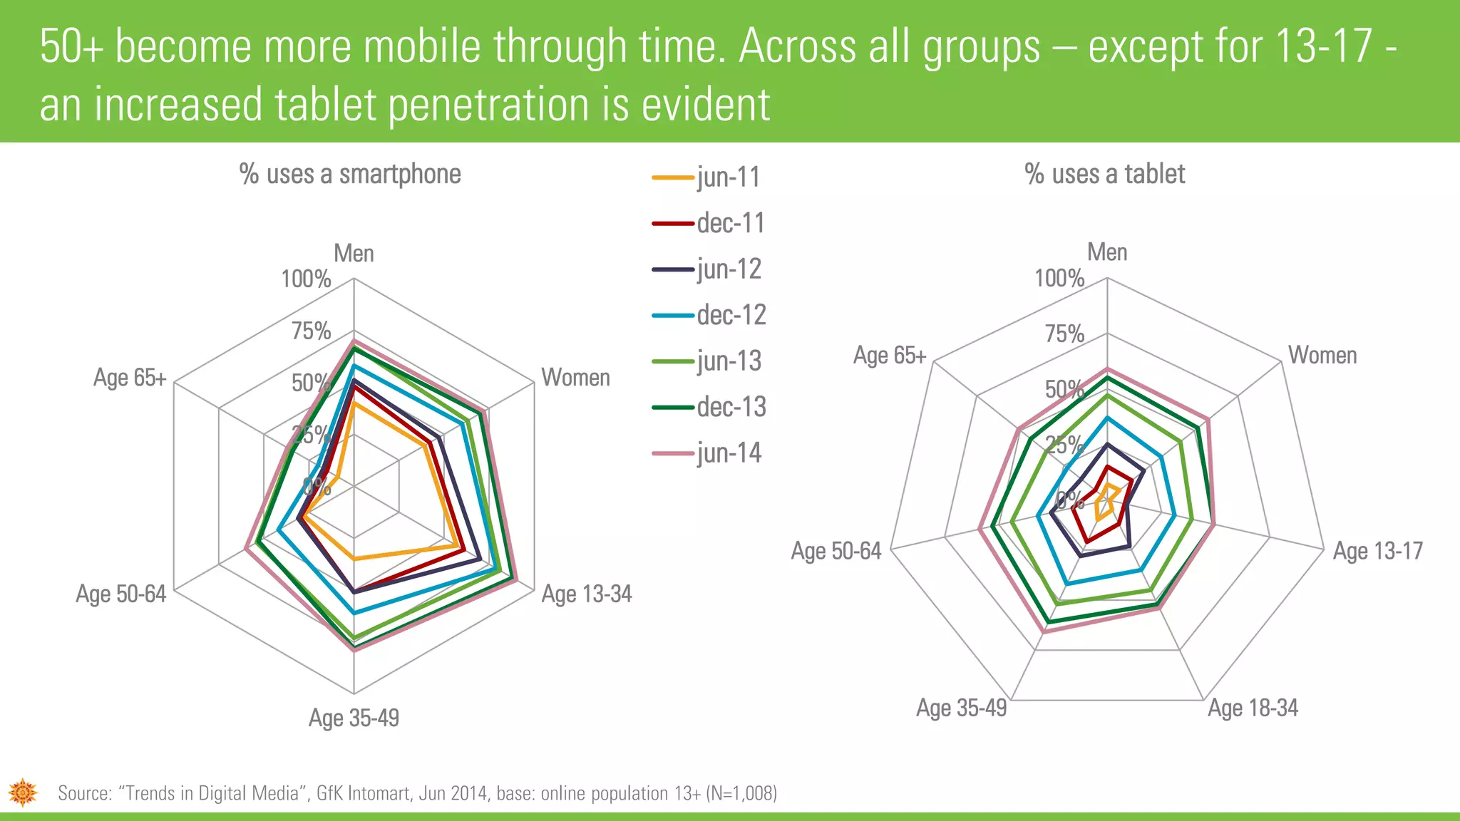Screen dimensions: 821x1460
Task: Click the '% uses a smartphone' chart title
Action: (350, 175)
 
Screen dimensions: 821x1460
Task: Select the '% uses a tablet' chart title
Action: (1104, 175)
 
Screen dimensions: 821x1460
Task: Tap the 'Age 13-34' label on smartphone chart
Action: (586, 594)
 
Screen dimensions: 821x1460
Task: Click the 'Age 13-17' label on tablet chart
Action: (1377, 551)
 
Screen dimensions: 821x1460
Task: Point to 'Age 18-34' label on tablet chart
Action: (1253, 708)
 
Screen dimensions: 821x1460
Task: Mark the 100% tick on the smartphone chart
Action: (306, 279)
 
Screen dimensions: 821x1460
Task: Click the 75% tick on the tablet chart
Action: (1064, 334)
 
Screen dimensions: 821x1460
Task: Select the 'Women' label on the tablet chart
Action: (1322, 355)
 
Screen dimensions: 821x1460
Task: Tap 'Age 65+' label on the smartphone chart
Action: (130, 378)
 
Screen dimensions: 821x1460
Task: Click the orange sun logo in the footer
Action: (23, 792)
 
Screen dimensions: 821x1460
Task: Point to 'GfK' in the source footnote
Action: (329, 793)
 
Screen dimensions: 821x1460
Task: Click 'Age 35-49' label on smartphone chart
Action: (354, 718)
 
